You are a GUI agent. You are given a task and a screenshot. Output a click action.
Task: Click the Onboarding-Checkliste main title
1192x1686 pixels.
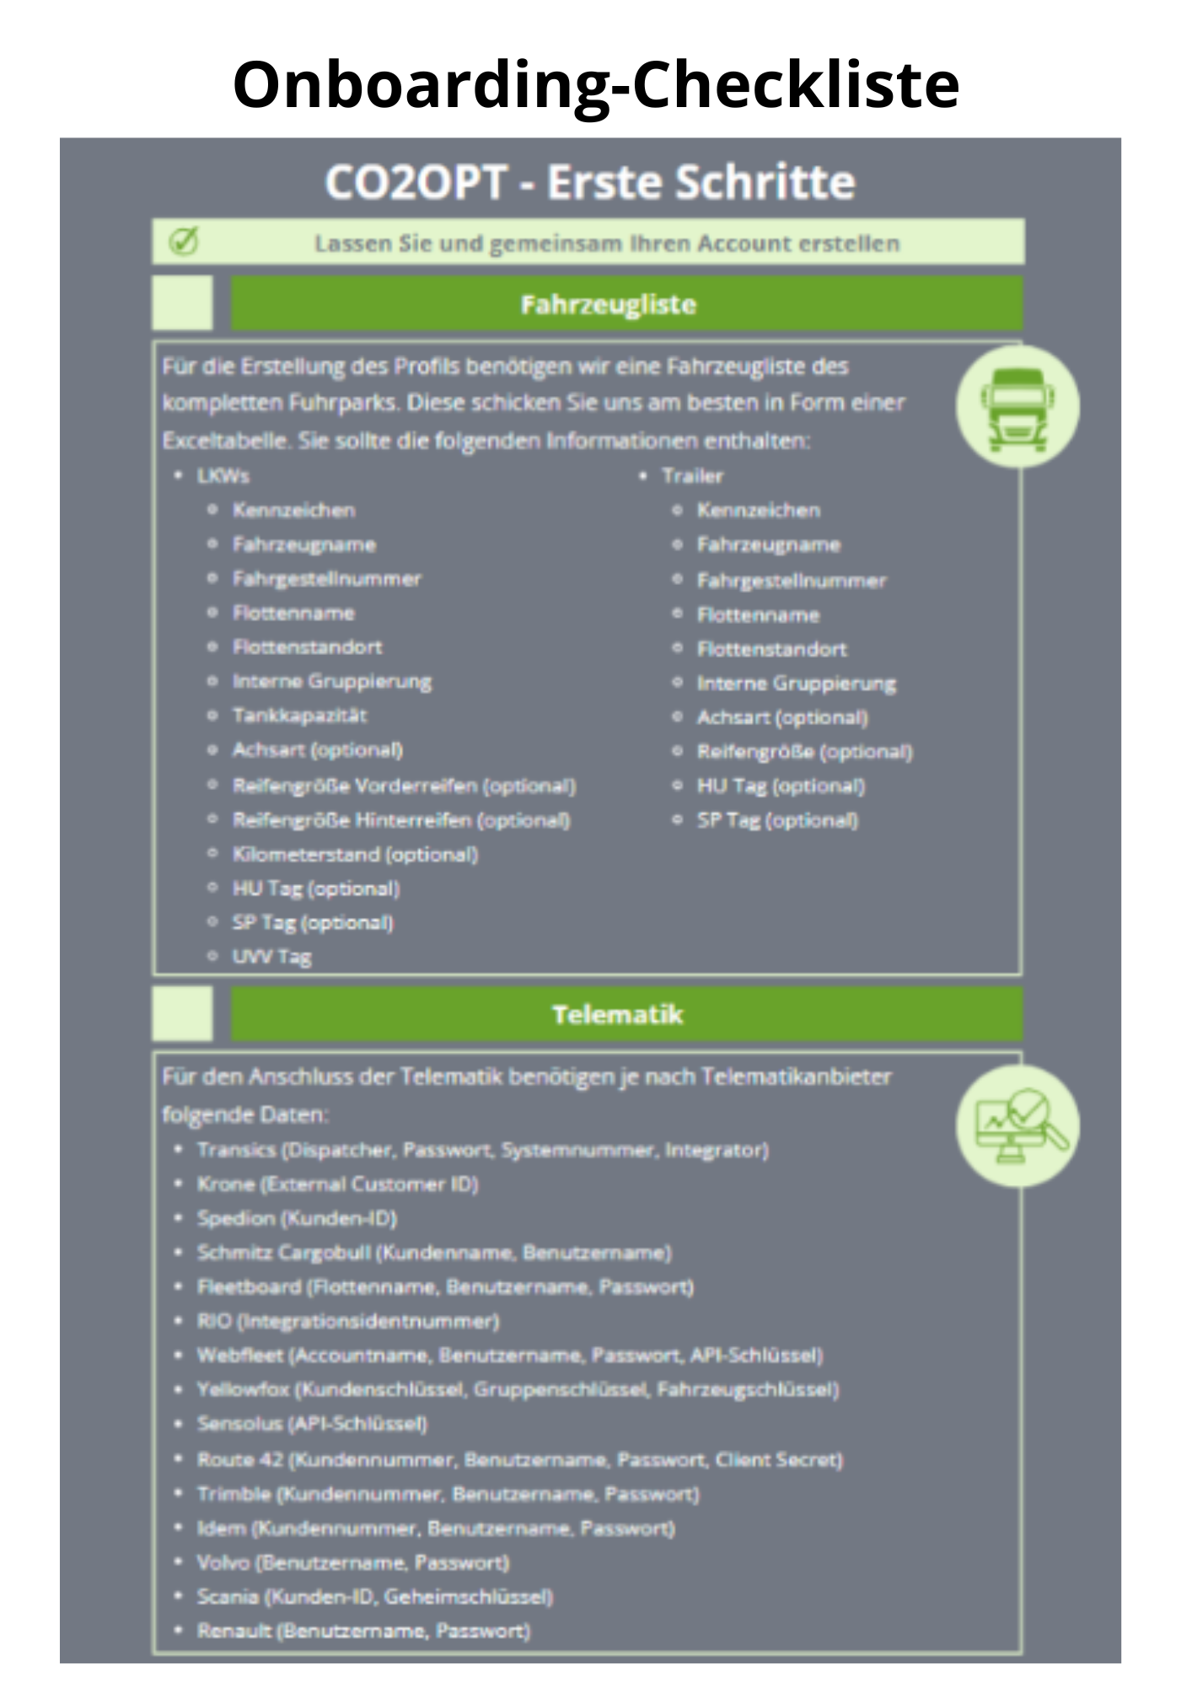pos(596,84)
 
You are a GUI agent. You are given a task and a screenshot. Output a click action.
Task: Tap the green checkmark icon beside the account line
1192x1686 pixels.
pos(183,242)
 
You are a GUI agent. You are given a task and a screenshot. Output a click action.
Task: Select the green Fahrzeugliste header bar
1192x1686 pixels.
pos(626,303)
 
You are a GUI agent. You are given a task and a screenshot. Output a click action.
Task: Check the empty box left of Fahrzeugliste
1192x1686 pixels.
pos(182,303)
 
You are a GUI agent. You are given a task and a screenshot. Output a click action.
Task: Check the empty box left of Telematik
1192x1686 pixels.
pos(182,1013)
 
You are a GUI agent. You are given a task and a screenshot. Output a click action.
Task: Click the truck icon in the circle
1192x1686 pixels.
pos(1017,406)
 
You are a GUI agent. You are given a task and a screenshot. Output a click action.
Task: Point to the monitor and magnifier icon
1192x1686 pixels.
pos(1017,1125)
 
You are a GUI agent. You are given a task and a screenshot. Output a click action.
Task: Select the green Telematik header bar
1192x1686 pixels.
pos(626,1013)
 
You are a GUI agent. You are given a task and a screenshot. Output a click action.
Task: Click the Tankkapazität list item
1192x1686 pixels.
pos(299,716)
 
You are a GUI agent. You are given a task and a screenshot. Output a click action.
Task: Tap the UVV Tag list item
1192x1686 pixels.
pos(271,957)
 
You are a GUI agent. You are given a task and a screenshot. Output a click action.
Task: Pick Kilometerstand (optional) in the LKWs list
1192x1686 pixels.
pos(355,854)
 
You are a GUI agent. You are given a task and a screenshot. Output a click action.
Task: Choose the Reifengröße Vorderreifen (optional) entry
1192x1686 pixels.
pos(404,786)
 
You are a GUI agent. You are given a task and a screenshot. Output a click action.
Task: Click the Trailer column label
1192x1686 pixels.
pos(692,476)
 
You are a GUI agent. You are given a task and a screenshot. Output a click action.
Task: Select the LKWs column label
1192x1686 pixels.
pos(223,476)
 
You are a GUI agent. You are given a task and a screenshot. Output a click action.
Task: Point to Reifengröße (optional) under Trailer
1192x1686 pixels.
pos(804,751)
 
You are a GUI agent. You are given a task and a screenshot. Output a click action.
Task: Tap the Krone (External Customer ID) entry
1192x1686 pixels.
pos(337,1184)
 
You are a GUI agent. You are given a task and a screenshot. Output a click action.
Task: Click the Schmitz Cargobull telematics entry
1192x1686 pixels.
pos(434,1253)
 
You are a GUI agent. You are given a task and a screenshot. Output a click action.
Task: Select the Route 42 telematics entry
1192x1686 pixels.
pos(519,1459)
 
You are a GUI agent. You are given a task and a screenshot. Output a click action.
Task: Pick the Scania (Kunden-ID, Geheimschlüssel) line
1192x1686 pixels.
pos(374,1597)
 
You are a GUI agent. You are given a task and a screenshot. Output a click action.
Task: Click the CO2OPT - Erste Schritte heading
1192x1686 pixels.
pos(590,181)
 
